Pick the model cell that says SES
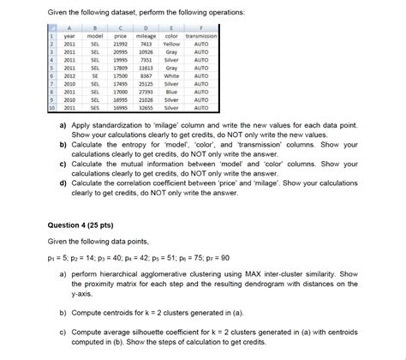(97, 109)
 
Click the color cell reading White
(171, 75)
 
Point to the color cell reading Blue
(171, 93)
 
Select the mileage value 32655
(146, 109)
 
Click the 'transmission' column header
(200, 36)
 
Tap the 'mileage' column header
(146, 36)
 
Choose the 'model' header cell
(97, 36)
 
